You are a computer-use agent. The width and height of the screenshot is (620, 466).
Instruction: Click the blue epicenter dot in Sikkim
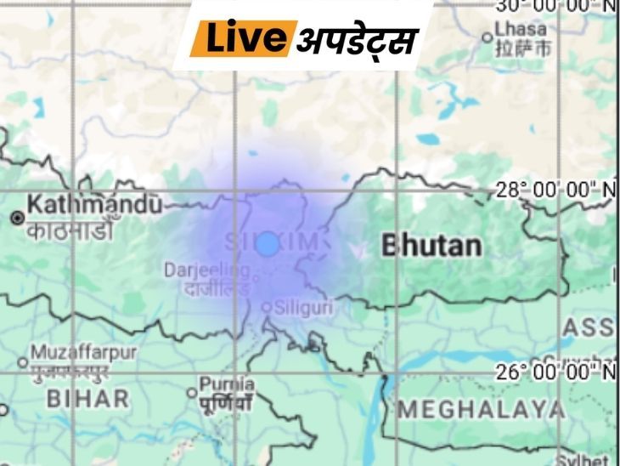(268, 244)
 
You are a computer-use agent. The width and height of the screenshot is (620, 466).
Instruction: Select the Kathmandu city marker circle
(16, 218)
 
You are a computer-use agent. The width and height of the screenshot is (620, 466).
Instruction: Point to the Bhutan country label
(431, 247)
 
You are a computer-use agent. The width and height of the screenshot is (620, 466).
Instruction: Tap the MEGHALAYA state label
(481, 409)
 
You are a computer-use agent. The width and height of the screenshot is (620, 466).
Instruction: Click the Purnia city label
(227, 384)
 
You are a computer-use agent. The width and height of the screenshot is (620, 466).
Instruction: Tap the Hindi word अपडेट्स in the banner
(358, 40)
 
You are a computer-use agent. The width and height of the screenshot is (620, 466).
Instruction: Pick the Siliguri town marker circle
(268, 307)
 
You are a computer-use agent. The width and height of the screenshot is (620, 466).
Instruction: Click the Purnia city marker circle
(193, 394)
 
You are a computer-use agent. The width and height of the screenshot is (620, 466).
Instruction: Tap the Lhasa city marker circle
(499, 37)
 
